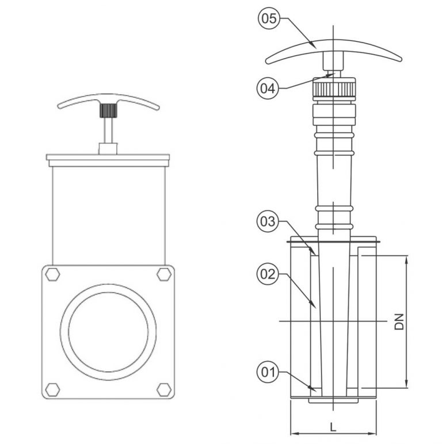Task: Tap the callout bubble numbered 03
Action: tap(268, 222)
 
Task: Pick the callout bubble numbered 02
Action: tap(268, 275)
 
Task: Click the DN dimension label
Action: tap(399, 321)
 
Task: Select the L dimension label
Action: tap(333, 426)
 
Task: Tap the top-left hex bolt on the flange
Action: tap(53, 274)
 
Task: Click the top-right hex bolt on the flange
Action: tap(163, 274)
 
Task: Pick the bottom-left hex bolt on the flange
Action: tap(53, 389)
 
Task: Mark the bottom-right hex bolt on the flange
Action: tap(163, 389)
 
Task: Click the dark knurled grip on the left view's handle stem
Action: tap(106, 110)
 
